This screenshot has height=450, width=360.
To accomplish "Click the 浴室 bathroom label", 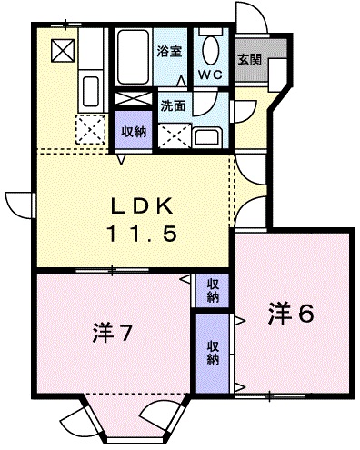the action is pos(169,52).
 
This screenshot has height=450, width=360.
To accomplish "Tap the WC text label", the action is pos(211,75).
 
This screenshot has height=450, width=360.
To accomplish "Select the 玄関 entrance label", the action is pos(249,60).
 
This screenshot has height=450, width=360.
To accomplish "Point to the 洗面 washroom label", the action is pos(173,105).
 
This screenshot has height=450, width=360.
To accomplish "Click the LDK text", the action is pos(142,206).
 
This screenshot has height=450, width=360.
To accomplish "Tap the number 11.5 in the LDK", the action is pos(142,234).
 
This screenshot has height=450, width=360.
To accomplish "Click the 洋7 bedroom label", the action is pos(112,333).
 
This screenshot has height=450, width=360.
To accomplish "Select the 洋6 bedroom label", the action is pos(291,313).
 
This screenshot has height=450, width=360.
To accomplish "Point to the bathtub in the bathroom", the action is pos(134,56).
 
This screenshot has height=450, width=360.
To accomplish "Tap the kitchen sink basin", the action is pos(91,91).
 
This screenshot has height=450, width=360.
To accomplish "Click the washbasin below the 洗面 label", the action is pos(208,137).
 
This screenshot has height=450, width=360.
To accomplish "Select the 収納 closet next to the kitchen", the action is pos(133,130).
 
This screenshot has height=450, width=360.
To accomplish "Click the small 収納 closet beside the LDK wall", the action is pos(213,291).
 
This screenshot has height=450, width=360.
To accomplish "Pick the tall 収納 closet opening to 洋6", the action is pos(213,353).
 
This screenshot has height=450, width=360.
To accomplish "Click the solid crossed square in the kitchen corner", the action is pos(63,50).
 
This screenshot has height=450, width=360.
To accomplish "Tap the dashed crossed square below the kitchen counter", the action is pos(91,129).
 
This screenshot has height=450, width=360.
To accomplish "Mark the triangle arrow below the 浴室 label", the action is pos(182,81).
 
